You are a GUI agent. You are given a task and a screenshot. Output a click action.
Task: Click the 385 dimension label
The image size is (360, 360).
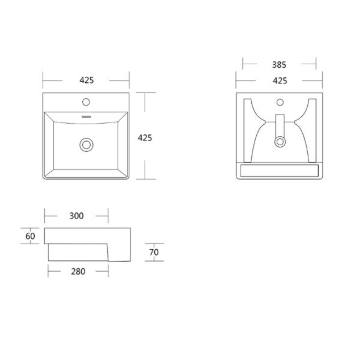point(279,65)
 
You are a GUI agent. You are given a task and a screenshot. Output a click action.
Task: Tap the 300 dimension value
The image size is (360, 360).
point(76,216)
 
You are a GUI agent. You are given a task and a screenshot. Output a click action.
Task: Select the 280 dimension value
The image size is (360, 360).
point(78,271)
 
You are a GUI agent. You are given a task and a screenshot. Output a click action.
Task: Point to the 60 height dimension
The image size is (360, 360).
point(30,236)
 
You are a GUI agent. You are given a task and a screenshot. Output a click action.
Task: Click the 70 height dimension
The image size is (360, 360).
point(154,252)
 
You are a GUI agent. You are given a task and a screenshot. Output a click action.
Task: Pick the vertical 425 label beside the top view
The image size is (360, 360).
point(145,138)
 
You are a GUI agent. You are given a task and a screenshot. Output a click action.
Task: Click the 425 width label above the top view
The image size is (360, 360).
point(86,80)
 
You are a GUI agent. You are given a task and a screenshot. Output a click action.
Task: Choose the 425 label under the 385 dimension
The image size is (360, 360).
point(280,80)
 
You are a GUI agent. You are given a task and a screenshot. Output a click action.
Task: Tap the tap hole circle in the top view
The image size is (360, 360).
point(86,102)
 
